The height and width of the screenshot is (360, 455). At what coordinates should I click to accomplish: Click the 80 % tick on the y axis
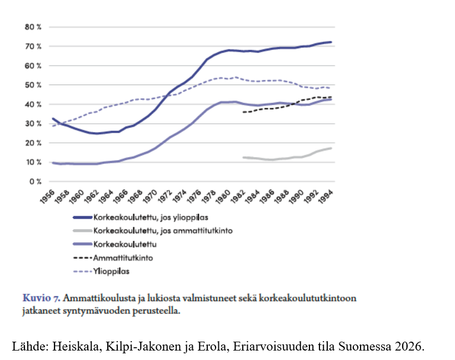point(33,27)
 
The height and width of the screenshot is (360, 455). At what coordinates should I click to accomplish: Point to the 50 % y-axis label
point(33,85)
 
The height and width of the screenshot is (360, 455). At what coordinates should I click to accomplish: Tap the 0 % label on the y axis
point(35,182)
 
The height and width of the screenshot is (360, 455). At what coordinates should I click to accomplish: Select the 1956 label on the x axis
point(47,197)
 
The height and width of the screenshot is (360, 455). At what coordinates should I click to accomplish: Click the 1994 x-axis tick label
point(326,197)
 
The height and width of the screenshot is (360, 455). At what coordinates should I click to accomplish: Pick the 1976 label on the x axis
point(194,197)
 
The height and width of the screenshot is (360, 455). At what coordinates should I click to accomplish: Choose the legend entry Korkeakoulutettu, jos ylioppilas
point(141,217)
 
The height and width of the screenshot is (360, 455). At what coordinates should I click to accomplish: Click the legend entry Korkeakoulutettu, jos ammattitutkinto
point(153,231)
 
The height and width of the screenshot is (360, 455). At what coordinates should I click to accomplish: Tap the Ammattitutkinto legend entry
point(113,258)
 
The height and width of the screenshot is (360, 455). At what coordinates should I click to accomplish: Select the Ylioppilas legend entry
point(101,272)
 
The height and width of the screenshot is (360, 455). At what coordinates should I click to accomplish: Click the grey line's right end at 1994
point(331,148)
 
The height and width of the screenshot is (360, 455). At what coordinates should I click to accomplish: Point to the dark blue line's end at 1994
point(331,42)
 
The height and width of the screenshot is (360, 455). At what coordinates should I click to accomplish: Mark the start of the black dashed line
point(243,112)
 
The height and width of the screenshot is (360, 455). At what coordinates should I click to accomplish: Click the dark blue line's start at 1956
point(53,119)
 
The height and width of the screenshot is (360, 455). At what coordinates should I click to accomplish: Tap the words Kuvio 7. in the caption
point(42,298)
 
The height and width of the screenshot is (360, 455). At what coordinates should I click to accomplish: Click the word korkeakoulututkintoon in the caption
point(307,298)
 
